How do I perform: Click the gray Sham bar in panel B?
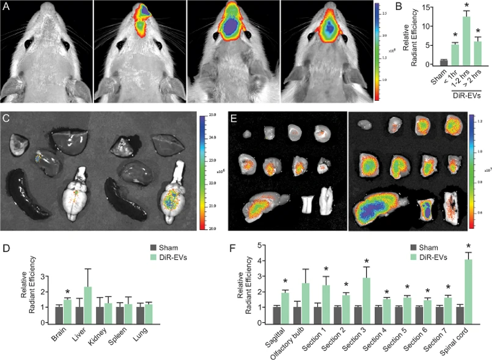tap(444, 62)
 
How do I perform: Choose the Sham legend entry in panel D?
tap(162, 248)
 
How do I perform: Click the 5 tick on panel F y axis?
tap(261, 246)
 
